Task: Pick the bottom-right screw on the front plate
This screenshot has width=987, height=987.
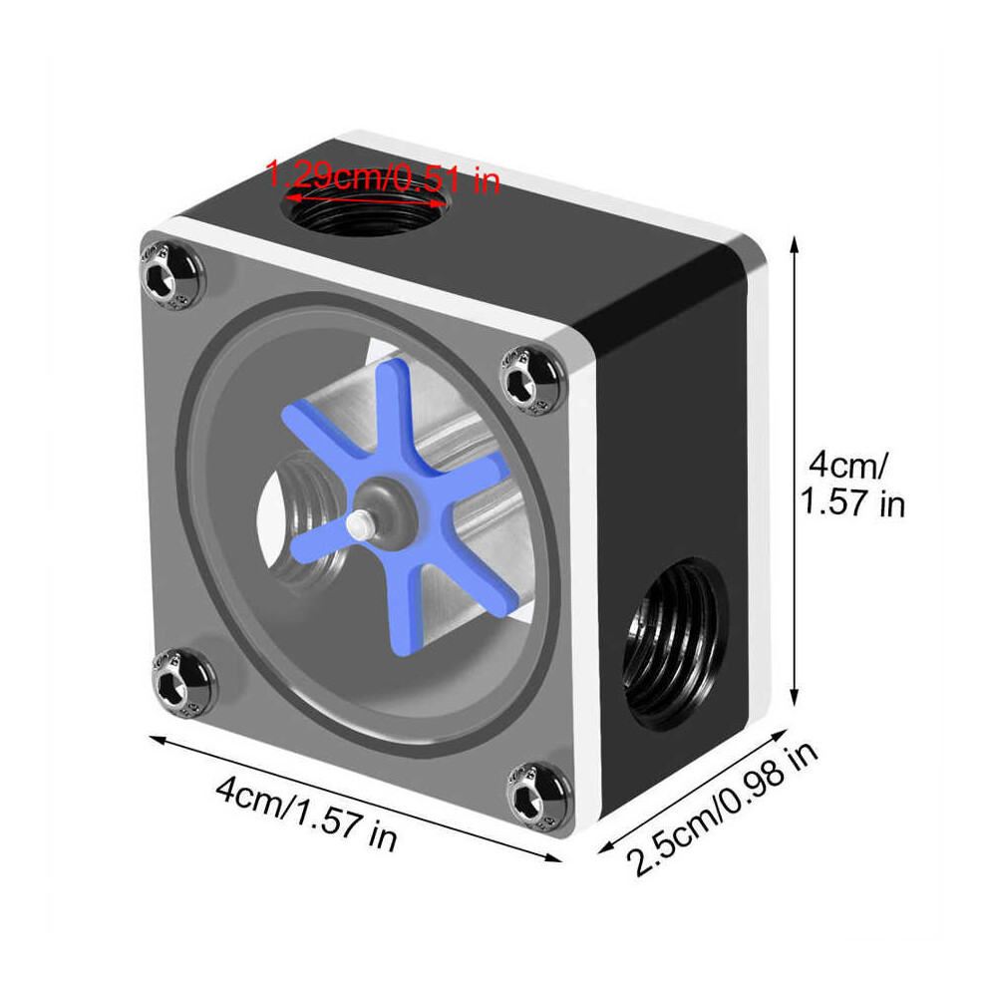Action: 536,795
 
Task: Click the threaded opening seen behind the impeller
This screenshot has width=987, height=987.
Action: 302,518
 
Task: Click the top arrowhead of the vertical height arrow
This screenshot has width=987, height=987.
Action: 795,240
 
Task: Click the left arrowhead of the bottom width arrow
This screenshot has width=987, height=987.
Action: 153,739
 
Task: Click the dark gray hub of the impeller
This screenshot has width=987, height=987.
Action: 381,499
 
